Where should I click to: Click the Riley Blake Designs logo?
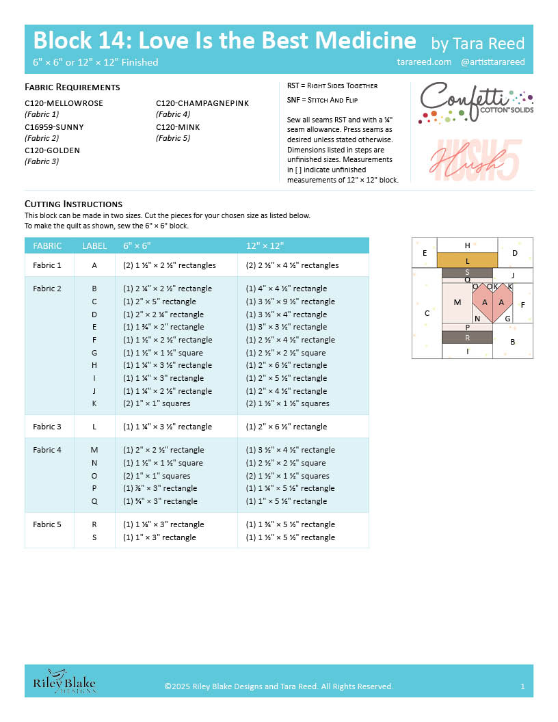(x=65, y=682)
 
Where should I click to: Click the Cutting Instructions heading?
(x=73, y=204)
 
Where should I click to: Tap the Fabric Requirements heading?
(x=72, y=87)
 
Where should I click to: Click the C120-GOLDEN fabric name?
(x=52, y=150)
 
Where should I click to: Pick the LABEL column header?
(x=94, y=245)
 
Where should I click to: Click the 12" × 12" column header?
(x=265, y=245)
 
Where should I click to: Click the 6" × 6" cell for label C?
(x=159, y=302)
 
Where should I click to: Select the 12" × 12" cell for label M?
(x=291, y=450)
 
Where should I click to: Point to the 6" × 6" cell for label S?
(x=159, y=537)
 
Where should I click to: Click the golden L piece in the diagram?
(x=467, y=260)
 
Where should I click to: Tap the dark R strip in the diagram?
(x=467, y=337)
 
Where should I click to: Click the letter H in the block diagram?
(x=467, y=245)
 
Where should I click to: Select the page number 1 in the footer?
(x=522, y=686)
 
